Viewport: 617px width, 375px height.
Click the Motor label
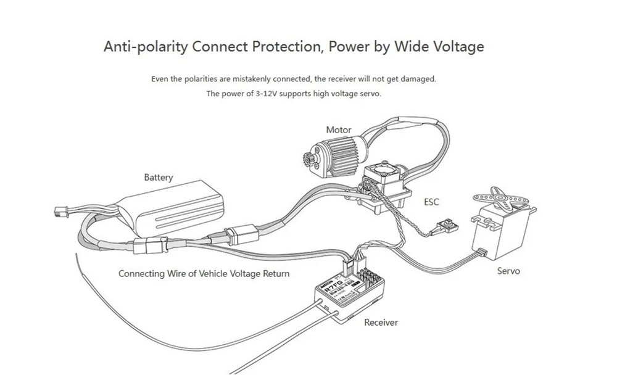(x=339, y=130)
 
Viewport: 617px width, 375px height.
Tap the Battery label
(x=159, y=178)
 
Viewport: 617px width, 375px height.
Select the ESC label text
(x=432, y=202)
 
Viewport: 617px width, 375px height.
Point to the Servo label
(x=508, y=271)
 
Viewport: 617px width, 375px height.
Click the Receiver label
(x=381, y=323)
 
